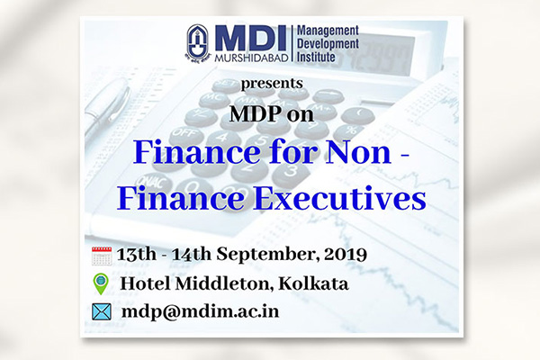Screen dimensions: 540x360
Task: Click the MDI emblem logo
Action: pyautogui.click(x=198, y=42)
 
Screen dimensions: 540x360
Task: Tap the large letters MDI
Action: pyautogui.click(x=250, y=39)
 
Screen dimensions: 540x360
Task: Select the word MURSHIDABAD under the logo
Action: pyautogui.click(x=251, y=58)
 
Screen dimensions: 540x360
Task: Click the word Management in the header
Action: pyautogui.click(x=328, y=31)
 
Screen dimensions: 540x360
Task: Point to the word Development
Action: pyautogui.click(x=328, y=44)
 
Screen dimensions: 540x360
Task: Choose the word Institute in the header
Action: pyautogui.click(x=316, y=57)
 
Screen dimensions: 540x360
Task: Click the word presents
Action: pyautogui.click(x=272, y=84)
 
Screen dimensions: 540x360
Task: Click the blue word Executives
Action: pyautogui.click(x=340, y=198)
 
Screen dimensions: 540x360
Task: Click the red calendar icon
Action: pyautogui.click(x=102, y=256)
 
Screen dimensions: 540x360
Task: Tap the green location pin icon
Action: pyautogui.click(x=101, y=283)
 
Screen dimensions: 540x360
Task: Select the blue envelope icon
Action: pyautogui.click(x=102, y=311)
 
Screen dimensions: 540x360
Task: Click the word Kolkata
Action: pyautogui.click(x=313, y=283)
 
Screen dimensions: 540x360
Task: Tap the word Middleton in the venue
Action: pyautogui.click(x=224, y=284)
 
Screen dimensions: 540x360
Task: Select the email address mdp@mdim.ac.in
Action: pyautogui.click(x=201, y=311)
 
